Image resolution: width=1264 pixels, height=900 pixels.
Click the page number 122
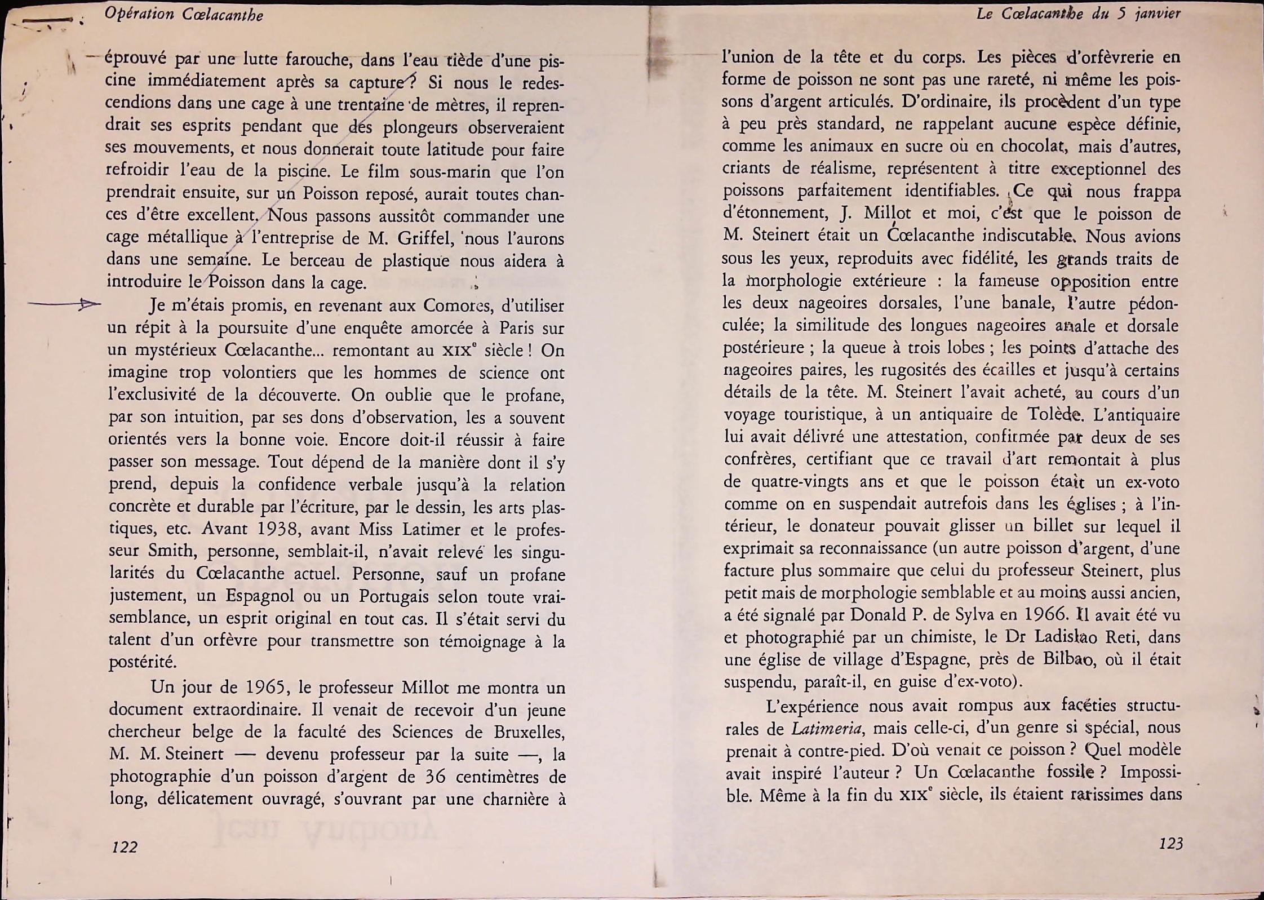tap(125, 847)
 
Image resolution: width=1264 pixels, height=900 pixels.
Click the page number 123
tap(1170, 844)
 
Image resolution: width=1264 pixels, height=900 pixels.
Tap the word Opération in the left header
tap(139, 14)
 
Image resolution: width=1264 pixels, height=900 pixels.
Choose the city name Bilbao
tap(1068, 659)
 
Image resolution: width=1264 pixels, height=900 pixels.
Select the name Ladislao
tap(1057, 637)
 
